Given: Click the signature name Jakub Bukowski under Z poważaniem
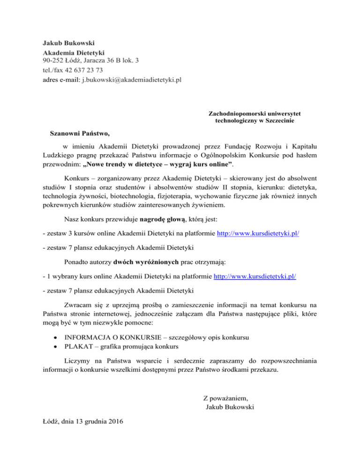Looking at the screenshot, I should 230,407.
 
